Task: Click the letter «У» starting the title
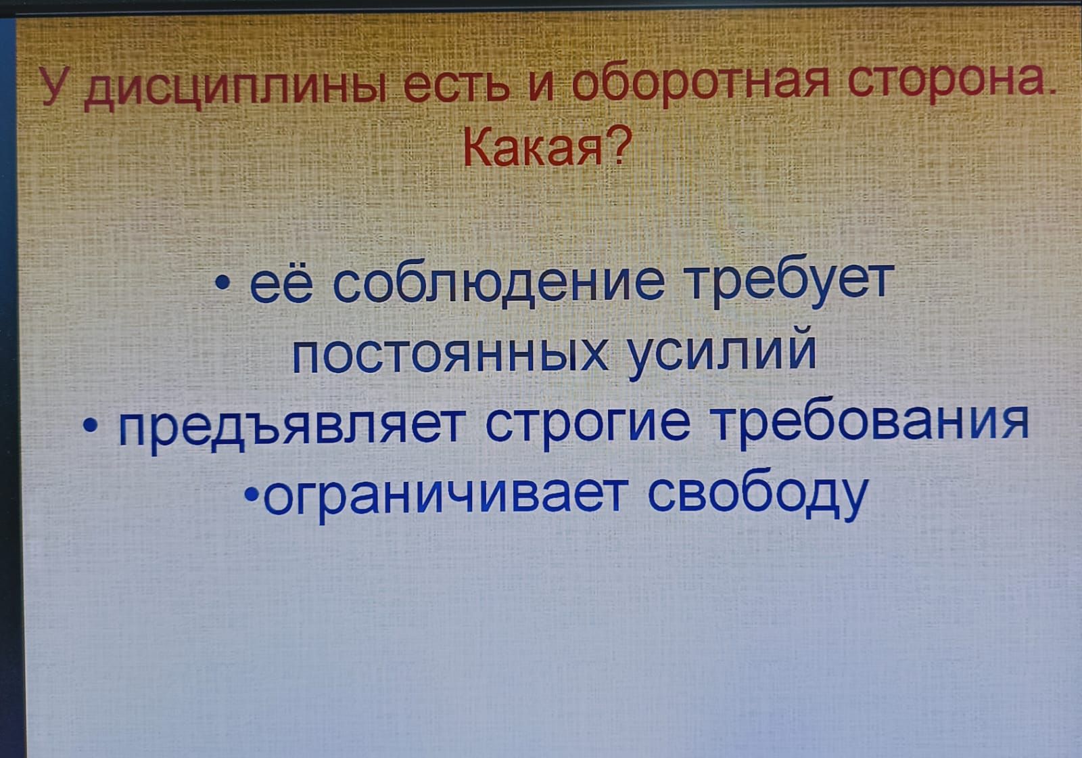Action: coord(55,86)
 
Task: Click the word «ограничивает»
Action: coord(442,497)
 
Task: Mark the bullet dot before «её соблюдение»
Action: coord(222,282)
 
